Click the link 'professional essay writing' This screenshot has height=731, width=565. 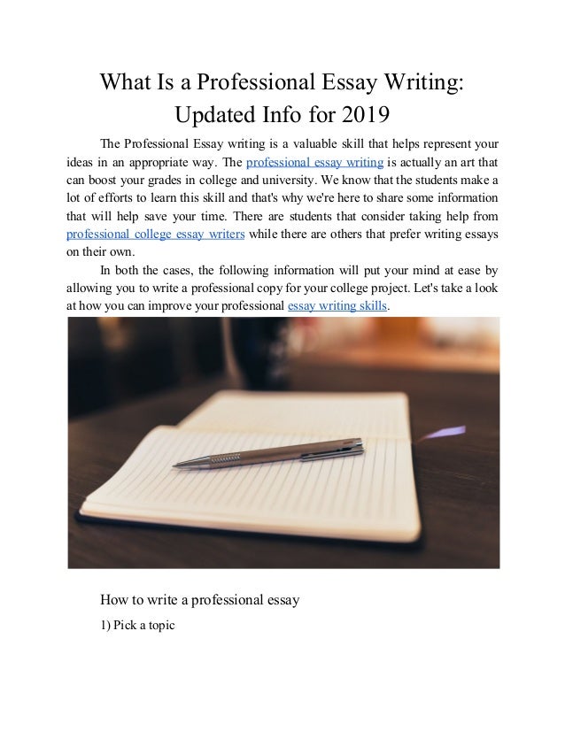pos(314,162)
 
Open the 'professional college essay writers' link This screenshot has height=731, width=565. pos(157,235)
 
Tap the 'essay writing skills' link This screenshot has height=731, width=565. pos(338,306)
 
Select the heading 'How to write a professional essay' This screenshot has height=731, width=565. pos(200,600)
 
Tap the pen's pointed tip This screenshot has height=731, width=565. pos(176,464)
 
